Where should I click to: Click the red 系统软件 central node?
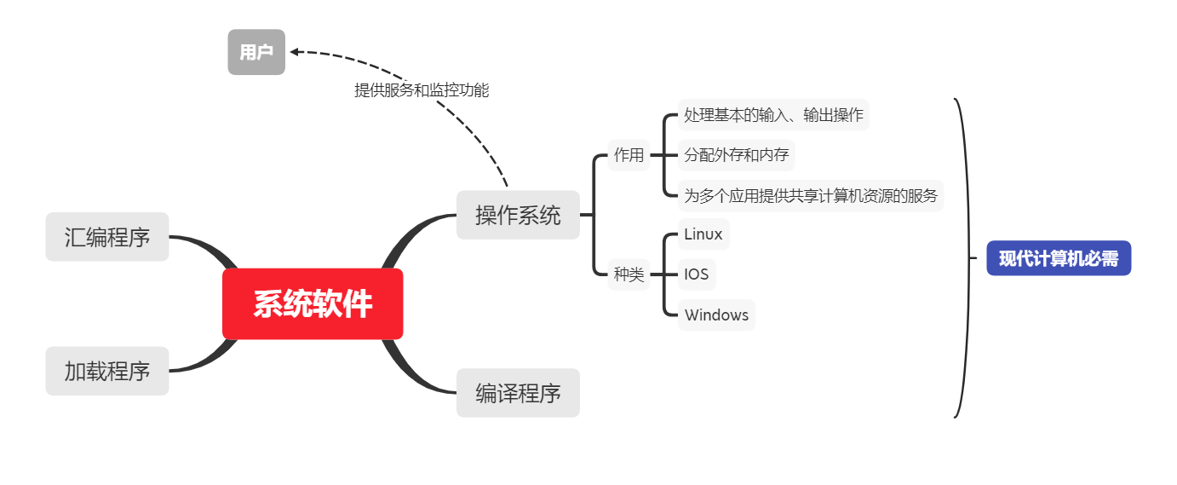pos(313,304)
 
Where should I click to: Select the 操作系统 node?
pos(518,215)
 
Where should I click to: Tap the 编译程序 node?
pos(518,393)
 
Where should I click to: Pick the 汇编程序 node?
pos(107,236)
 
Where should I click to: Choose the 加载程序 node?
pos(107,371)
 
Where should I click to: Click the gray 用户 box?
pos(256,52)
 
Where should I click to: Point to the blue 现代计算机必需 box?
pos(1059,258)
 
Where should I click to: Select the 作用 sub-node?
pos(629,155)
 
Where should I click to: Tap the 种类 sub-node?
pos(629,274)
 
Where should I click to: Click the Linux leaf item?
pos(703,234)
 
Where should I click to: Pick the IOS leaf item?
pos(697,274)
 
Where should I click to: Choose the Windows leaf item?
pos(716,315)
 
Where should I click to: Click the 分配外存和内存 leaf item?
pos(737,155)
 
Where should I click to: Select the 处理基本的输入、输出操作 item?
pos(773,114)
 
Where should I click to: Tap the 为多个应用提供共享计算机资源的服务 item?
pos(811,196)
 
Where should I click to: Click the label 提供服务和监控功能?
pos(422,89)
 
